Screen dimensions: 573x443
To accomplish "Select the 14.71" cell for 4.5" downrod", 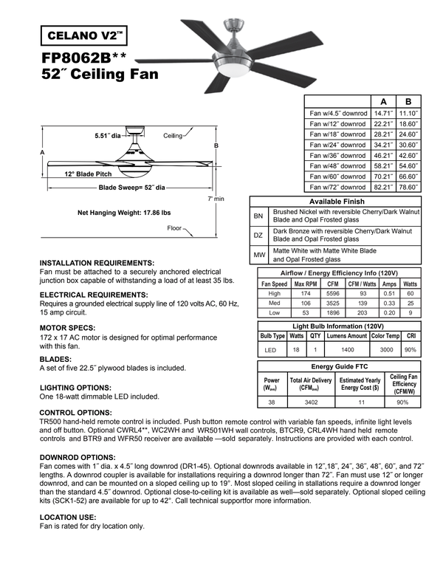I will [381, 114].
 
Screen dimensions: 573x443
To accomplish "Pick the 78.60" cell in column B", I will [409, 188].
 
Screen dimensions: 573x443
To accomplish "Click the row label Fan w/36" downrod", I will [338, 156].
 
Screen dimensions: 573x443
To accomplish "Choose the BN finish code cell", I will [258, 216].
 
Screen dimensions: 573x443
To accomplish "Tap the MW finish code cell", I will [258, 255].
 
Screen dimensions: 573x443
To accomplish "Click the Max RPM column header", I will [306, 284].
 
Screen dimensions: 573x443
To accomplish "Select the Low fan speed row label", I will [274, 312].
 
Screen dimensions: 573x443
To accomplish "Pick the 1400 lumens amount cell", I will [346, 349].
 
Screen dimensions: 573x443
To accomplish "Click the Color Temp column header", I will [385, 336].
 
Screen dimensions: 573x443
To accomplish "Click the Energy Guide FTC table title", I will [339, 366].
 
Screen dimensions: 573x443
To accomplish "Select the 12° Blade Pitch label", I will [88, 174].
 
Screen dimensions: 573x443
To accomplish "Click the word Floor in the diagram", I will [174, 227].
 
